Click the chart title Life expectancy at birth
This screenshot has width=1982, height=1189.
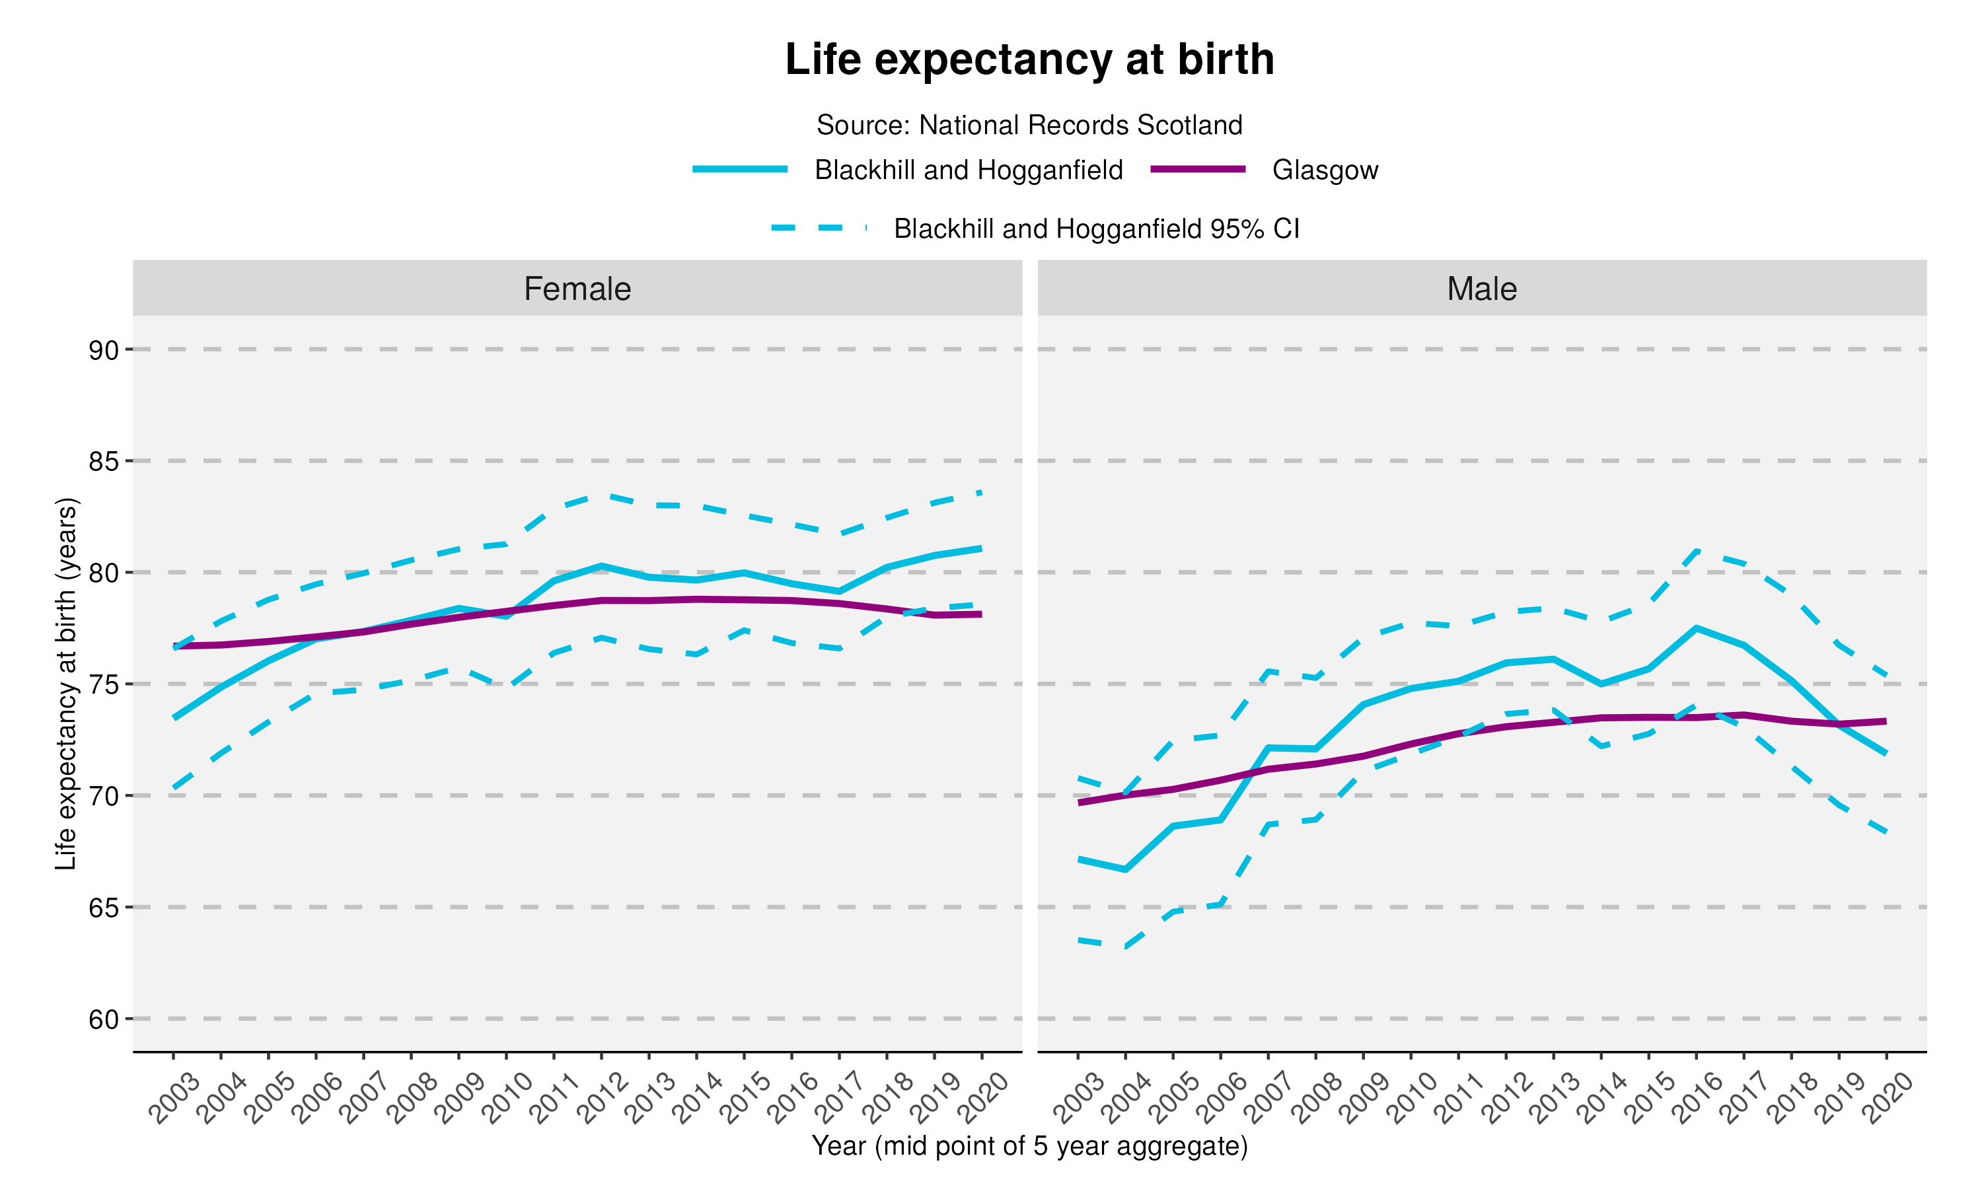(1029, 60)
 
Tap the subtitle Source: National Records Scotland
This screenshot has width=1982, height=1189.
(1029, 125)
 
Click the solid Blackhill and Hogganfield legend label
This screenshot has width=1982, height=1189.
(968, 170)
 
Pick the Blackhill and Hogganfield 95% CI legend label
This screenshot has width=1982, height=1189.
(1096, 229)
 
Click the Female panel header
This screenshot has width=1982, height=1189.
(577, 289)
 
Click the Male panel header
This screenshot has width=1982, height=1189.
(1481, 289)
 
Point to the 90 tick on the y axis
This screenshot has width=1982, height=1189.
(103, 350)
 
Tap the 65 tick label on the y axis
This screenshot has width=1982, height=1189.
(103, 908)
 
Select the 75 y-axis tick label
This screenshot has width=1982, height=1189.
(103, 685)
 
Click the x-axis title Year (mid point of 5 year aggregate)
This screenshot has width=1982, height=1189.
(1029, 1146)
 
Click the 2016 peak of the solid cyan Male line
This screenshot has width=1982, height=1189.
(1696, 628)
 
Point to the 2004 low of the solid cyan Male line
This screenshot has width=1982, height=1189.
(1125, 869)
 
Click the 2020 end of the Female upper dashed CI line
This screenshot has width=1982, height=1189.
(981, 493)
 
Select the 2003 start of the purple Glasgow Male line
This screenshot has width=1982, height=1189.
(1078, 803)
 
